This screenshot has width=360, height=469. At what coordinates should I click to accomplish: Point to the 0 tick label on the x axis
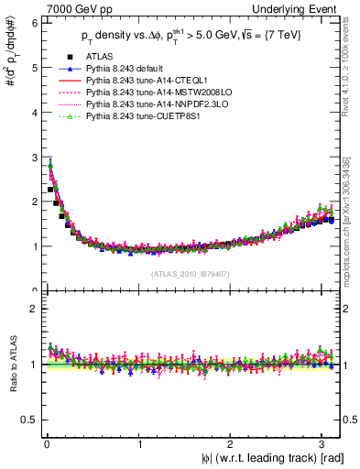[x=46, y=446]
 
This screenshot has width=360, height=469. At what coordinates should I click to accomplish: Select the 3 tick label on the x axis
[x=322, y=446]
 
